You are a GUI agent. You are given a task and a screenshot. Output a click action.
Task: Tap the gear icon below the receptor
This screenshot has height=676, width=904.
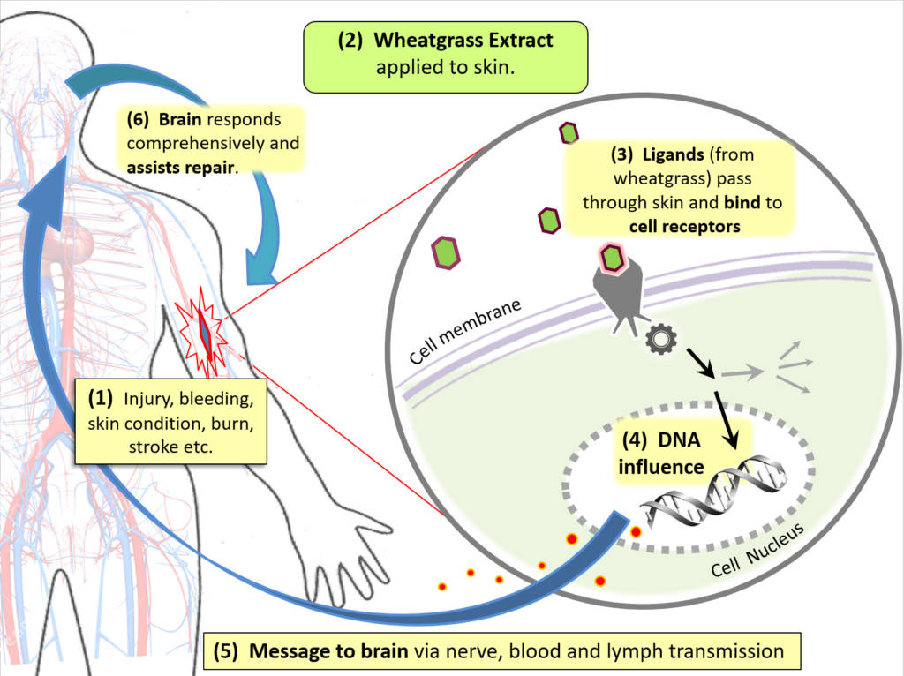[x=658, y=341]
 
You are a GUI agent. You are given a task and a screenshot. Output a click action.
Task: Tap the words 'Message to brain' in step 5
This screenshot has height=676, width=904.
[x=328, y=653]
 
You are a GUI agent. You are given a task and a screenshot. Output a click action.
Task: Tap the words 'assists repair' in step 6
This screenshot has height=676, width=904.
[x=184, y=165]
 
